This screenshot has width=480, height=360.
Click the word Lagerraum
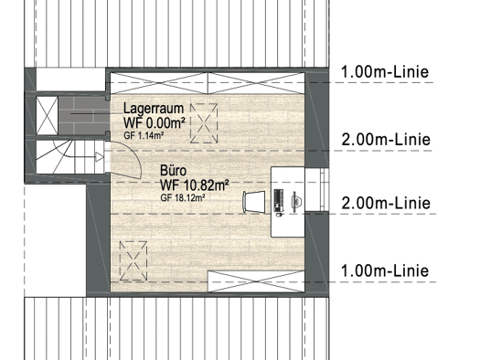154,109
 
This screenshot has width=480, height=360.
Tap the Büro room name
174,171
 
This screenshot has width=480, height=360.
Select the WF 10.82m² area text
195,185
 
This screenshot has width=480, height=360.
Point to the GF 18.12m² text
183,198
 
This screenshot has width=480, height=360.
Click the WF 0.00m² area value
155,123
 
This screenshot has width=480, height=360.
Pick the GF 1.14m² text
144,135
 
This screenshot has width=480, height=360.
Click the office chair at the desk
254,202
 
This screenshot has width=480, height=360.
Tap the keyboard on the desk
278,200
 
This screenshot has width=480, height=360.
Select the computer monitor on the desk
296,202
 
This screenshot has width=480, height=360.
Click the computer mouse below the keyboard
279,215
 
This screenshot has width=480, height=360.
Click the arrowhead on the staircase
100,157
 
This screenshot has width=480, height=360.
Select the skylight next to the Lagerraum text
204,123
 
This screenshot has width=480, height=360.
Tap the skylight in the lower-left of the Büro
133,261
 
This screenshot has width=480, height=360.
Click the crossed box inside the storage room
47,116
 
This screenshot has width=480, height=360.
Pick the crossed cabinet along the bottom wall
256,281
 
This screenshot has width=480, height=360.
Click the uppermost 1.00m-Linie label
385,72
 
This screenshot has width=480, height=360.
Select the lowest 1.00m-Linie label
385,271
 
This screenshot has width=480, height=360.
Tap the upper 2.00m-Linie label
386,140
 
